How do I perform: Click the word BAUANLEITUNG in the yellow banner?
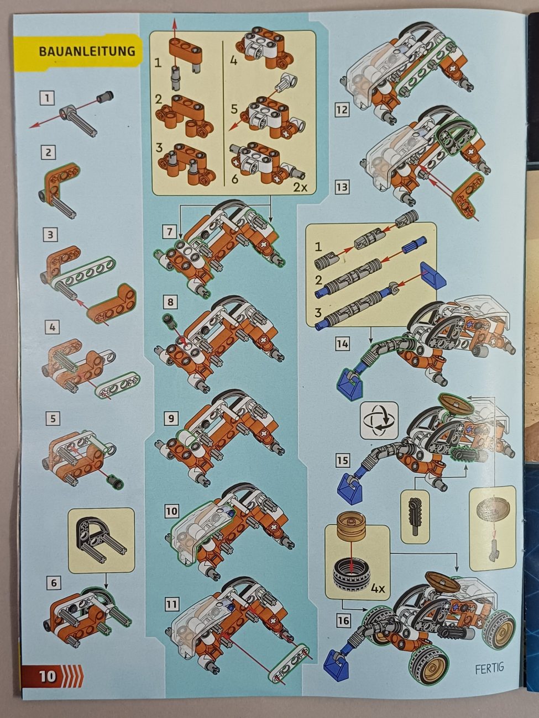tap(87, 51)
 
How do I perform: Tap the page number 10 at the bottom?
tap(48, 675)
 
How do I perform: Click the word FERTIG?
tap(490, 667)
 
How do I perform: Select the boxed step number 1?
tap(48, 98)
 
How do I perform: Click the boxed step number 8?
tap(170, 302)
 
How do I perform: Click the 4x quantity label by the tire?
tap(378, 589)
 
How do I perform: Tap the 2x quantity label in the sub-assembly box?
tap(300, 187)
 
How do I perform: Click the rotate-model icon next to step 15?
tap(379, 420)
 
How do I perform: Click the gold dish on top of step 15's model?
tap(456, 405)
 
